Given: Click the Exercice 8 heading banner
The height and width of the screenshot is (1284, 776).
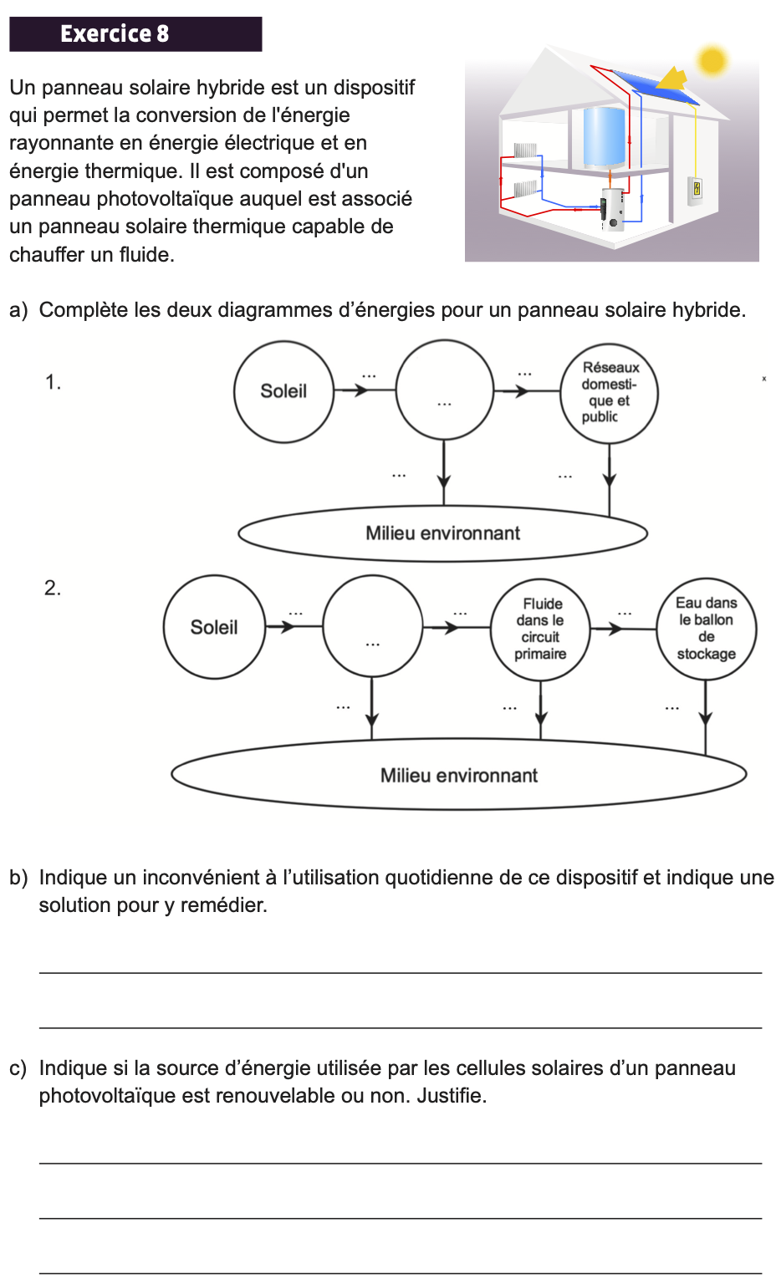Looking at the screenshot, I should [x=135, y=34].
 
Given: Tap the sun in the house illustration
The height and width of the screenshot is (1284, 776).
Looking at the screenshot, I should [x=712, y=60].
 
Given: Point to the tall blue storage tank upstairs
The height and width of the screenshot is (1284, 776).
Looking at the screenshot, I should [x=604, y=135].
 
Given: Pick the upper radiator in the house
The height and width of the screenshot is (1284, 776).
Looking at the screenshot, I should [x=524, y=150].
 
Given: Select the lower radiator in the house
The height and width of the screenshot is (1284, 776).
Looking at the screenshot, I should [x=525, y=188].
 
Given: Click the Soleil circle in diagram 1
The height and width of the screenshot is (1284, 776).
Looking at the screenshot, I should [x=283, y=391].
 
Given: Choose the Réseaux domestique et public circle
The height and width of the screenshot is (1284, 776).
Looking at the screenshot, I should [x=610, y=392].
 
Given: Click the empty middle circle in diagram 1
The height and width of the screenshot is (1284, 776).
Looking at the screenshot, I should [x=444, y=390].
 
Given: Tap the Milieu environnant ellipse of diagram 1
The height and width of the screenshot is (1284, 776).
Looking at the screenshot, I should [x=442, y=533].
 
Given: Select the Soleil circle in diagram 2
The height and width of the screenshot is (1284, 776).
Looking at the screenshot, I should [x=214, y=627].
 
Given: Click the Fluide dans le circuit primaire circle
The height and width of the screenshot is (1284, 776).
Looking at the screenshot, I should [x=540, y=629].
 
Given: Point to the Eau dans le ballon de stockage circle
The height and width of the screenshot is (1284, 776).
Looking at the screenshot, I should [x=707, y=628].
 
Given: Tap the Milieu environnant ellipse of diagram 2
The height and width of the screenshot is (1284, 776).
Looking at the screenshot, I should [x=458, y=775].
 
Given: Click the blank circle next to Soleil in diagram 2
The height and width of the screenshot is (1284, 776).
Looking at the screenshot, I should [x=372, y=626].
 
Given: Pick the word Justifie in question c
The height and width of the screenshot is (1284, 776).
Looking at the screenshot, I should [x=452, y=1096].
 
